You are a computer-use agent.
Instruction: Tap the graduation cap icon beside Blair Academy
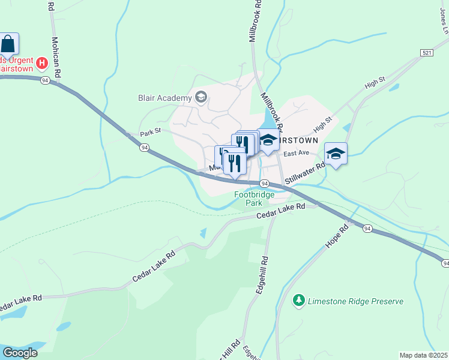[x=200, y=97]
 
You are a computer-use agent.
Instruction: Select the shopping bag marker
[x=8, y=44]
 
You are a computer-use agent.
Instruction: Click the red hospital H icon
[x=42, y=62]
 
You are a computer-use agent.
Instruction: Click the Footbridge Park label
[x=254, y=199]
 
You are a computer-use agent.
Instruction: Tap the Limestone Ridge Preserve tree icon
[x=298, y=299]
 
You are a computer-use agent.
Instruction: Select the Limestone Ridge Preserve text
[x=355, y=301]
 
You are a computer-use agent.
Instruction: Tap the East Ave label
[x=295, y=154]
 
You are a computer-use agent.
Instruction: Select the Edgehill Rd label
[x=261, y=274]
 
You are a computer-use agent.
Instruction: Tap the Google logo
[x=20, y=353]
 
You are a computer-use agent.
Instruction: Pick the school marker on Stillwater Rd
[x=336, y=154]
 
